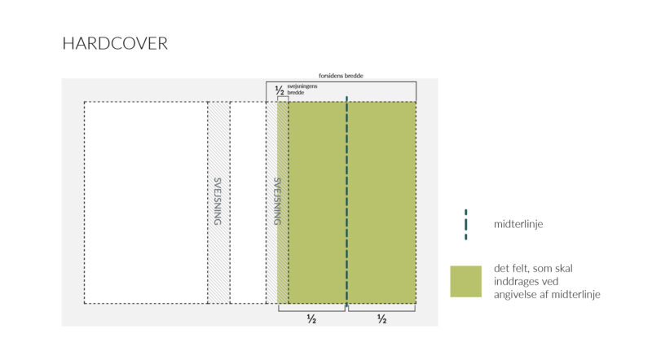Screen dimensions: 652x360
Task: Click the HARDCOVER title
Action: (x=115, y=44)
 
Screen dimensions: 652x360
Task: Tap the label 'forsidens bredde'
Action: (x=341, y=76)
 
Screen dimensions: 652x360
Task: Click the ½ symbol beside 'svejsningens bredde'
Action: (x=280, y=90)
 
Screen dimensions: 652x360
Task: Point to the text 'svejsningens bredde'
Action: (x=302, y=90)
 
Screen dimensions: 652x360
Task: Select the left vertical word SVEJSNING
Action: (x=218, y=202)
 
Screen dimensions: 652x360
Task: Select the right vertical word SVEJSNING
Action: (x=277, y=202)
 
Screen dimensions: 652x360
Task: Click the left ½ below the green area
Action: (x=311, y=318)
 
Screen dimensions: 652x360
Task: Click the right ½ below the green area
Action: (x=381, y=318)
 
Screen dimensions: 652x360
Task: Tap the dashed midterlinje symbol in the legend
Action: (x=465, y=225)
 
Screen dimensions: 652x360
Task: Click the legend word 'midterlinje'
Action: (x=518, y=225)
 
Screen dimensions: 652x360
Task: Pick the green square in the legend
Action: (x=465, y=282)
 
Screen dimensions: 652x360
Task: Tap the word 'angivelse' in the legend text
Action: (x=515, y=295)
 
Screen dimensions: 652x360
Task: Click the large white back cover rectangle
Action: (x=146, y=203)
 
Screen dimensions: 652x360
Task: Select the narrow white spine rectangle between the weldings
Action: (x=248, y=203)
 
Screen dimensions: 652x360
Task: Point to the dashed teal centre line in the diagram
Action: (x=347, y=202)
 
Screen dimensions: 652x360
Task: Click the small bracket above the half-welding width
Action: (x=283, y=97)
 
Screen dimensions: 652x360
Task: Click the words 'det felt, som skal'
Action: (x=533, y=269)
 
